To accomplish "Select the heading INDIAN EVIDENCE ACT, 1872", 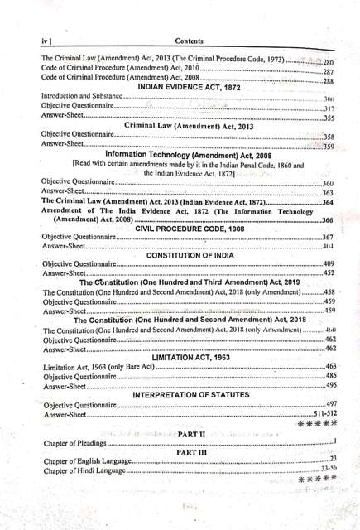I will [180, 86].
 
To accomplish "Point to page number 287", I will [327, 72].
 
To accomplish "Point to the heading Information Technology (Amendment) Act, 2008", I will [180, 155].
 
